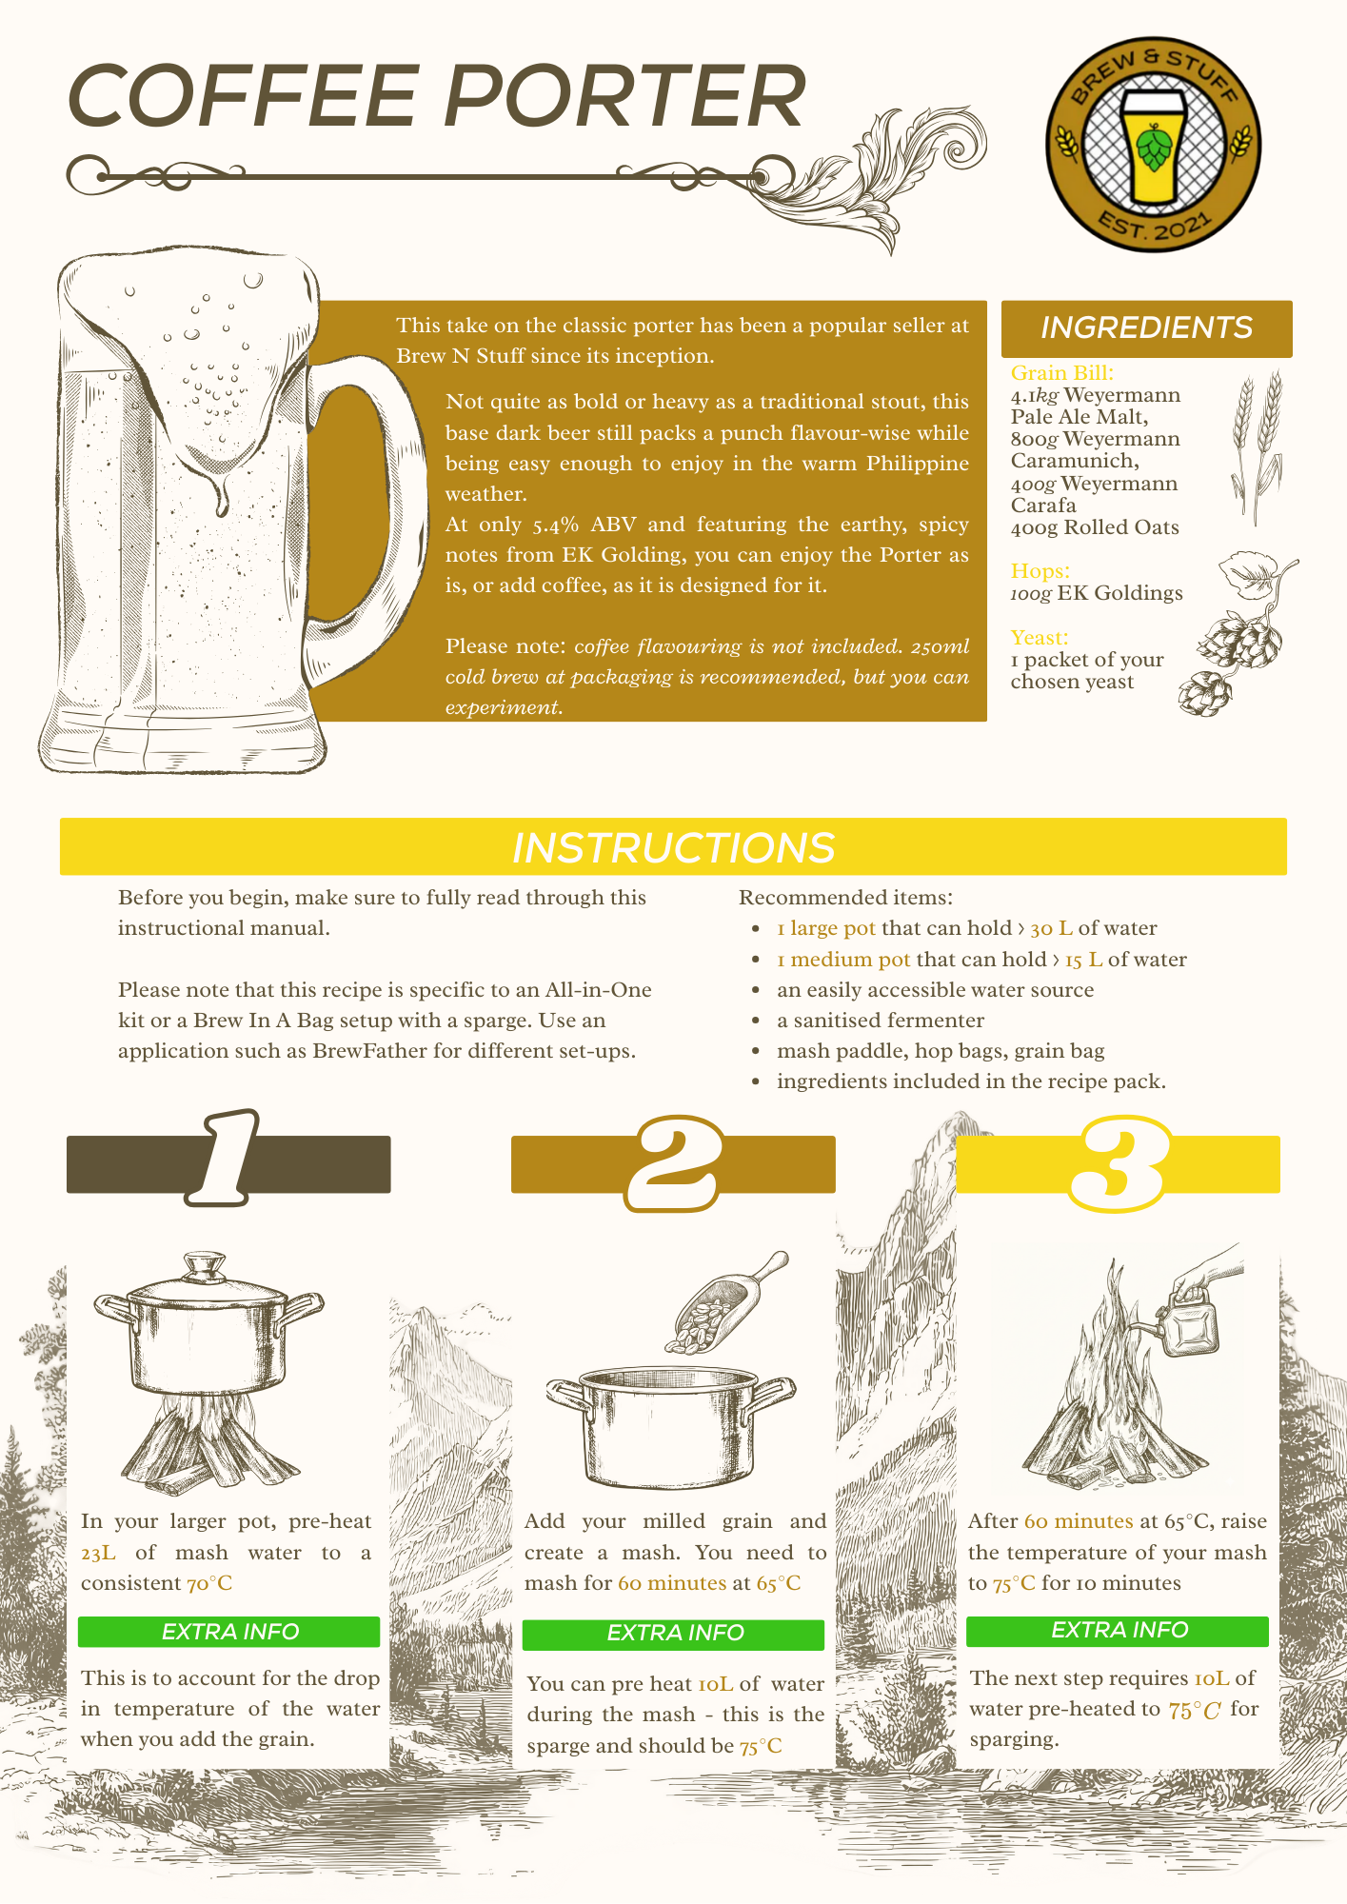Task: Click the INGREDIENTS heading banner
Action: pyautogui.click(x=1146, y=328)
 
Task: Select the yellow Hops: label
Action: pyautogui.click(x=1040, y=571)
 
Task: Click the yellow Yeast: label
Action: pyautogui.click(x=1039, y=638)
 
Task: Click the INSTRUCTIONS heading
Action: pyautogui.click(x=673, y=847)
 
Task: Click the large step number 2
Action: pyautogui.click(x=673, y=1163)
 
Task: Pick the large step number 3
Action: pyautogui.click(x=1117, y=1163)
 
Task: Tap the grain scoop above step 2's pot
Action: pyautogui.click(x=723, y=1304)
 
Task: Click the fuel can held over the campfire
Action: pyautogui.click(x=1190, y=1323)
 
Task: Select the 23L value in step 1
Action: pyautogui.click(x=98, y=1553)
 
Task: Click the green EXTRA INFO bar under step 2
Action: pyautogui.click(x=673, y=1634)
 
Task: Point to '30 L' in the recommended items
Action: pyautogui.click(x=1051, y=928)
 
